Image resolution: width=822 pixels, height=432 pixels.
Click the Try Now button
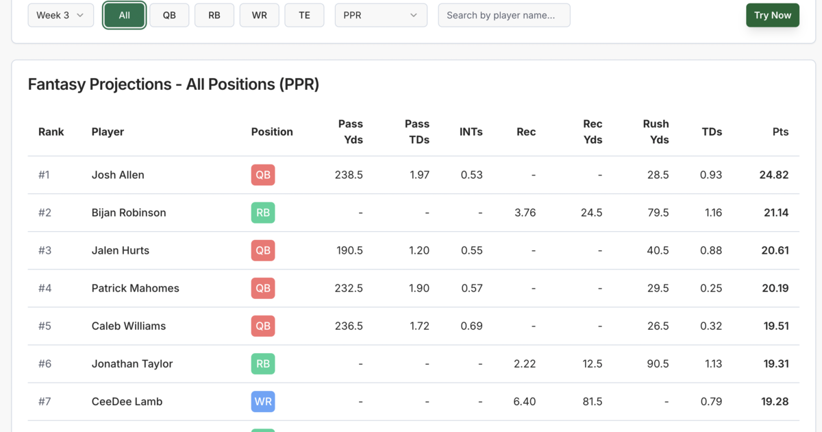(x=772, y=15)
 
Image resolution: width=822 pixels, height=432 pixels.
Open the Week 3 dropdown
(x=60, y=15)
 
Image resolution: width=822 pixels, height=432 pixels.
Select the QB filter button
(x=169, y=15)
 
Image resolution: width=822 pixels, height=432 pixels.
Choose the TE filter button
(x=304, y=15)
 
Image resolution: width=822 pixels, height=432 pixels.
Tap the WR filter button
(x=259, y=15)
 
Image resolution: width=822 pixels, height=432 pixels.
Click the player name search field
(x=503, y=15)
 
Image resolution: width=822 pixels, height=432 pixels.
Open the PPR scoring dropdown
(x=380, y=15)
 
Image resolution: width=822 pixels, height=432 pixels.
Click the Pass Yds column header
(x=350, y=132)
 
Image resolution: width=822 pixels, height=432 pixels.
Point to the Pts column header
(x=780, y=132)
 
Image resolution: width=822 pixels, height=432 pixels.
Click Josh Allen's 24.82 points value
(x=773, y=175)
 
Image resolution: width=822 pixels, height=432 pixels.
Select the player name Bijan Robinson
(x=129, y=213)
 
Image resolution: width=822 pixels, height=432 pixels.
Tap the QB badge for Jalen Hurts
(x=263, y=250)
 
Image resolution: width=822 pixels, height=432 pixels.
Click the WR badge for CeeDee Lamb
(x=263, y=401)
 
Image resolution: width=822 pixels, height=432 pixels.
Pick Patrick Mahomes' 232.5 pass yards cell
(x=349, y=288)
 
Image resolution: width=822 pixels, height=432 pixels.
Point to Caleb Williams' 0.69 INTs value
(x=471, y=326)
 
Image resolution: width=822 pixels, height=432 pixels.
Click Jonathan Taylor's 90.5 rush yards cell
(x=658, y=363)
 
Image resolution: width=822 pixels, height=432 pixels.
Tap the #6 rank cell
(x=45, y=363)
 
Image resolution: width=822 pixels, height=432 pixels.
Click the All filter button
(x=124, y=15)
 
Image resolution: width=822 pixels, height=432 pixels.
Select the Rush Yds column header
(x=656, y=132)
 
